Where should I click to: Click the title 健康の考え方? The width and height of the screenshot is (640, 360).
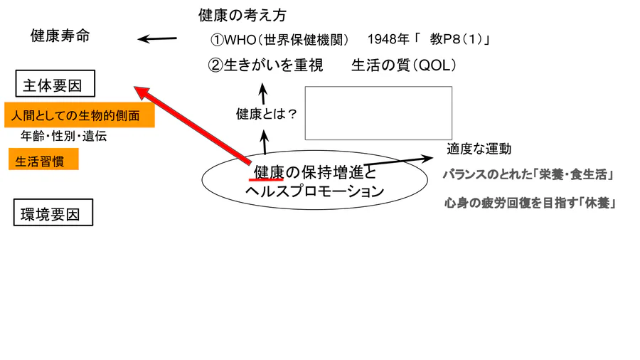tap(242, 15)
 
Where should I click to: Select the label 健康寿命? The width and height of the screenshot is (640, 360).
tap(60, 36)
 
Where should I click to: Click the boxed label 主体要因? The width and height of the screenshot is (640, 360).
tap(55, 85)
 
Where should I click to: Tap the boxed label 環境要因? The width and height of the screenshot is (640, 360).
tap(53, 213)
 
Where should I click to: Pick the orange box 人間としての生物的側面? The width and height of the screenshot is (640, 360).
tap(79, 115)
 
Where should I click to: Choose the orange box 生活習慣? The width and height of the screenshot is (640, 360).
tap(43, 161)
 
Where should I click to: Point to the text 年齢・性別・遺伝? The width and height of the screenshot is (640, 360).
tap(64, 137)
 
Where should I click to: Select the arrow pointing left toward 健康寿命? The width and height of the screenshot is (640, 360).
tap(157, 39)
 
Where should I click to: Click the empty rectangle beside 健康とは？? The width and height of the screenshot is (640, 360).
tap(378, 113)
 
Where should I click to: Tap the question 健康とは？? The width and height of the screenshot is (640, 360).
tap(266, 113)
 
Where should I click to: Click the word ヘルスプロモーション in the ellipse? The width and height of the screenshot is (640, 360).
tap(314, 191)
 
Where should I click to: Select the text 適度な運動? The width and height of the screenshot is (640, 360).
tap(479, 149)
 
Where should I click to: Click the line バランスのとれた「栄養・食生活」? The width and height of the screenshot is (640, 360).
tap(528, 174)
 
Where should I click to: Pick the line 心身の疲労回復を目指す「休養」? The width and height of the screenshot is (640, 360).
tap(529, 203)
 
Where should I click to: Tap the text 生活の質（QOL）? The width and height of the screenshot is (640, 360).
tap(403, 65)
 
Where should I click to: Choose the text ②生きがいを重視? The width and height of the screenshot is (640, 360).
tap(265, 65)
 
